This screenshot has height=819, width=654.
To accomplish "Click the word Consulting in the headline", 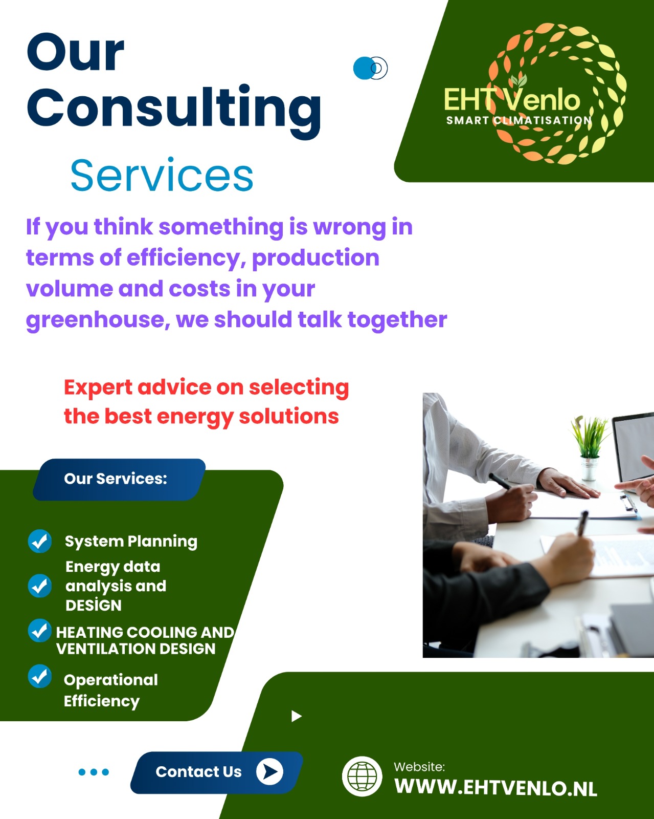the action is coord(174,109).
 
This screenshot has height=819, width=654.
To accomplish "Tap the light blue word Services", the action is coord(162,176).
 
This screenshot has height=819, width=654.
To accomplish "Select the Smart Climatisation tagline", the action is coord(519,121).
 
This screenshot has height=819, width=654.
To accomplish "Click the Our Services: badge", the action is coord(119,479).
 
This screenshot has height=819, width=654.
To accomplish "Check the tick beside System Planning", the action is coord(40,541).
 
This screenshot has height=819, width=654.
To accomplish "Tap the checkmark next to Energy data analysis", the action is coord(40,586).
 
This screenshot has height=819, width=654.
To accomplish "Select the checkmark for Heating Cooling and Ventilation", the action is coord(40,631).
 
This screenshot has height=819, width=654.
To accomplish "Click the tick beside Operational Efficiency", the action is coord(40,676).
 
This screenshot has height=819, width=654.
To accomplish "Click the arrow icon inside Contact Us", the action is coord(269,772).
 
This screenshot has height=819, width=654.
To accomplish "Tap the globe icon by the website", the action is coord(362,776).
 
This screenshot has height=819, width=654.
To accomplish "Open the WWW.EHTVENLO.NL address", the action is coord(496,787).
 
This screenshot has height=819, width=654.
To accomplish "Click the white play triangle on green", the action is coord(296,716).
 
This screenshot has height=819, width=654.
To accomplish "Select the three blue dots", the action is coord(94,772).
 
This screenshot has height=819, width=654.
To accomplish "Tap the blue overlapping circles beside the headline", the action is coord(370,69).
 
